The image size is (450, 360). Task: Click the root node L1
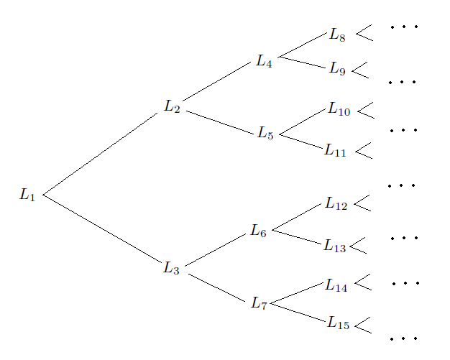coord(27,195)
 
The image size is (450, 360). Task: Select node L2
coord(172,108)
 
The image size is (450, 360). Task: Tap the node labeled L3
coord(171,268)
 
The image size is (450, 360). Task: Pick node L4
coord(265,61)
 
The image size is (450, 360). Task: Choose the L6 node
coord(259,231)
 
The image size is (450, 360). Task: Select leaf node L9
coord(338,69)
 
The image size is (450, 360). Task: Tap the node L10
coord(339,109)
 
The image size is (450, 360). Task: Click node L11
coord(335,150)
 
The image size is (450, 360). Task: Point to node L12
coord(336,205)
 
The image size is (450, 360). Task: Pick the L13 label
coord(335,246)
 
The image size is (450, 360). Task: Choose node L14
coord(336,286)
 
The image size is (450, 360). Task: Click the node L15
coord(339,324)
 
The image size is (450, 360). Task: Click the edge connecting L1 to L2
coord(101,153)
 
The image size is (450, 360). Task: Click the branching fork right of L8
coord(364,33)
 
